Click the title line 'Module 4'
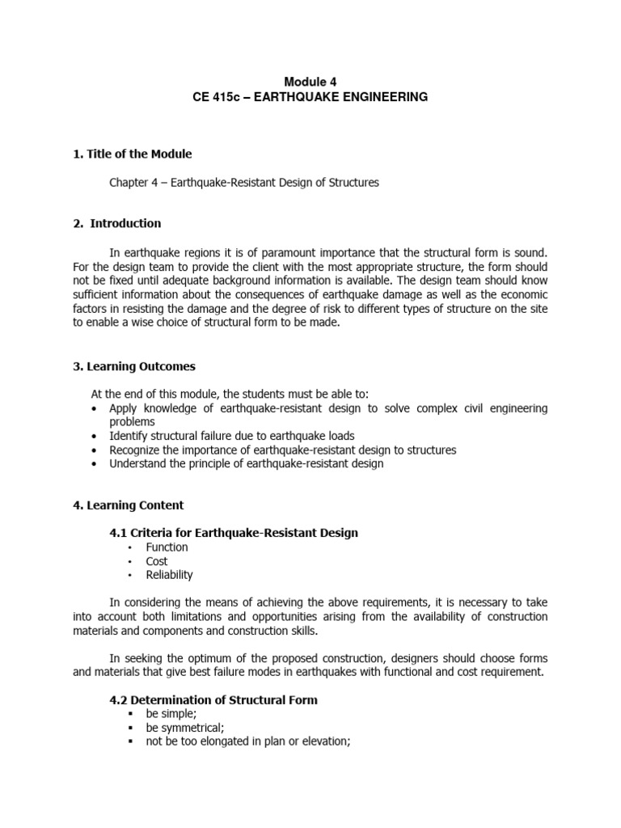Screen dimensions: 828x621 point(310,82)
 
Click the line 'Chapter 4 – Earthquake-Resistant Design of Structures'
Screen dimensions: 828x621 point(244,183)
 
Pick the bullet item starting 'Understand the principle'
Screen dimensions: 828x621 point(246,463)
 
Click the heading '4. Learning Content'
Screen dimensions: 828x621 point(128,505)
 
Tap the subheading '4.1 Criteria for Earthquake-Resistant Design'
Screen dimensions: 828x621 point(234,533)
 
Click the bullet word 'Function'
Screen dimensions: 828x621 point(167,547)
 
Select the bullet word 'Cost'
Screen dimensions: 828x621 point(157,561)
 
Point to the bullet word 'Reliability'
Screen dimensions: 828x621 point(169,575)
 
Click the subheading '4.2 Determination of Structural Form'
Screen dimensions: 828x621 point(213,700)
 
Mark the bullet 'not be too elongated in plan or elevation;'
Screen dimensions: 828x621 point(247,741)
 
